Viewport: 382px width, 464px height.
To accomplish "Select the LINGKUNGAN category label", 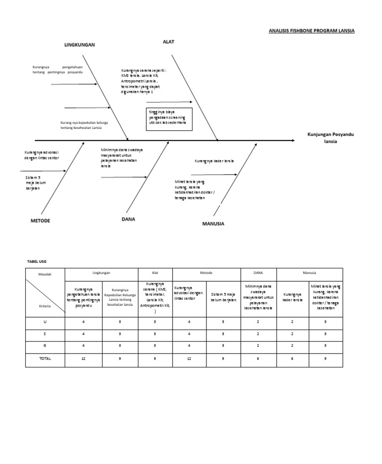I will pos(79,45).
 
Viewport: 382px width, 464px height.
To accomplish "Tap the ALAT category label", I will pos(169,42).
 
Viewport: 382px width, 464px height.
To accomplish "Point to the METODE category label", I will pos(40,220).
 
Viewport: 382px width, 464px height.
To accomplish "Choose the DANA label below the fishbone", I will pos(128,219).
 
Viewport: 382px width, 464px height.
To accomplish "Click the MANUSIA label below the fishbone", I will pos(213,224).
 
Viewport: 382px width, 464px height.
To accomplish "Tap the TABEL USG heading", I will pos(36,261).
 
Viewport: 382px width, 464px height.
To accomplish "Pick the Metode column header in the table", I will pos(206,273).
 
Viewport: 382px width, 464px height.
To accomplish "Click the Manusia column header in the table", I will pos(309,273).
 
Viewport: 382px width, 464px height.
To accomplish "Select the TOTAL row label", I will pos(45,358).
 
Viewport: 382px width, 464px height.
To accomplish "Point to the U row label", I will pos(45,322).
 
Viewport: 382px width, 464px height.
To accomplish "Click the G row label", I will pos(45,346).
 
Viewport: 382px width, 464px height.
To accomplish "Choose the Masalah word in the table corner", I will pos(45,274).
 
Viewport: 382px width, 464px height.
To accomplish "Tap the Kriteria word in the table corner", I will pos(45,309).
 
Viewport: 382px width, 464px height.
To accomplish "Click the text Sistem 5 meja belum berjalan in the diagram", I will pos(32,183).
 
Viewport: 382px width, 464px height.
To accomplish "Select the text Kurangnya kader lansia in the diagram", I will pos(214,161).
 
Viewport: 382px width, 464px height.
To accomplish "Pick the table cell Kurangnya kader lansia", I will pos(293,297).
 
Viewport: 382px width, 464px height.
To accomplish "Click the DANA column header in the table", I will pos(258,273).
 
